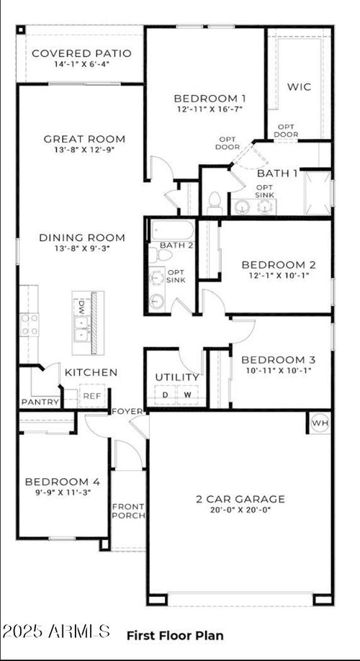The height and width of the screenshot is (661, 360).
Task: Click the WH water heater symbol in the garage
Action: tap(319, 423)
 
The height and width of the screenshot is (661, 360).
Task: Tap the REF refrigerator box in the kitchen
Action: tap(91, 396)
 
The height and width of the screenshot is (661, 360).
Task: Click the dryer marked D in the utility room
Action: tap(165, 395)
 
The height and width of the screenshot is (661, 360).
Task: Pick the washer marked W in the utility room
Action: tap(187, 395)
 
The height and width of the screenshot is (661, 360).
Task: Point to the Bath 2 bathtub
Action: tap(172, 231)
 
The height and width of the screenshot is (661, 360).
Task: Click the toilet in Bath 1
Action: tap(215, 203)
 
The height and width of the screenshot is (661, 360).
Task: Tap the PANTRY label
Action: tap(38, 401)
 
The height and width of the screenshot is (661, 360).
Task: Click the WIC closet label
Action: tap(299, 86)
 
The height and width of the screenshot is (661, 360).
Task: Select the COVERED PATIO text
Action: tap(81, 53)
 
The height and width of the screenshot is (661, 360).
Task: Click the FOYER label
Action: tap(127, 411)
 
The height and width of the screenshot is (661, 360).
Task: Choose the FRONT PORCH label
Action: tap(128, 511)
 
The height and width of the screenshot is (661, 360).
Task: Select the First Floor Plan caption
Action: tap(175, 635)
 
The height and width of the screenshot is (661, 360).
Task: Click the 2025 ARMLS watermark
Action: tap(56, 631)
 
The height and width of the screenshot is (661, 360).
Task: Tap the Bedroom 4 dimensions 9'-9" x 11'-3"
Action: tap(57, 493)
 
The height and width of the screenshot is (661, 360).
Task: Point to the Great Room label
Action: tap(84, 139)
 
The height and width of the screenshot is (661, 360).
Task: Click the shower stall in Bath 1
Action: tap(318, 192)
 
